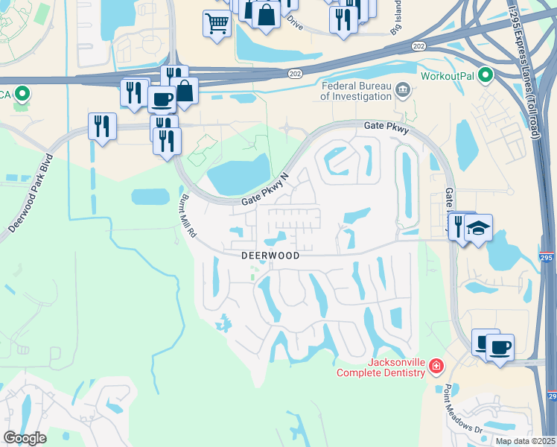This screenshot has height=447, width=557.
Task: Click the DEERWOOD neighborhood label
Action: [270, 256]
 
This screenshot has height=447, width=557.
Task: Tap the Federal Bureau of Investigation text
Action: [357, 91]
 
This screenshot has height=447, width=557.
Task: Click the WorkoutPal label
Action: [448, 76]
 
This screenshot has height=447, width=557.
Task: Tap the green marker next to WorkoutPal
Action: [486, 75]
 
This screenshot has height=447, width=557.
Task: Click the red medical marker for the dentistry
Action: [436, 367]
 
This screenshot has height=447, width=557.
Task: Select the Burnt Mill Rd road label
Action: [188, 217]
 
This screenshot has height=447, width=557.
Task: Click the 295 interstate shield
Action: [547, 258]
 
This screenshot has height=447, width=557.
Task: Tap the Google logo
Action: [25, 438]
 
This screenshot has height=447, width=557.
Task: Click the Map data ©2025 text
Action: [524, 441]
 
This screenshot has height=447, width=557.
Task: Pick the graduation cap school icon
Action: [479, 227]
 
